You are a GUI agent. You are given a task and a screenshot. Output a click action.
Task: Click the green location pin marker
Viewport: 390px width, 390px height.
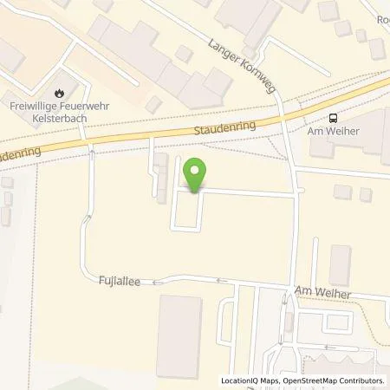tap(196, 176)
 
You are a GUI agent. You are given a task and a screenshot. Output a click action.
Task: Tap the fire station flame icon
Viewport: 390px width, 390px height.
tap(59, 93)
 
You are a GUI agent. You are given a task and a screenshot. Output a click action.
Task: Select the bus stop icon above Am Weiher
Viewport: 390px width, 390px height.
tap(333, 118)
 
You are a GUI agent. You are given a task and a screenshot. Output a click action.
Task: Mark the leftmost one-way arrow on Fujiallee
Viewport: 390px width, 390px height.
tap(158, 281)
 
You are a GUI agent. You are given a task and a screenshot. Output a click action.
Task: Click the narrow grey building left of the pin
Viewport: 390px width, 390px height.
tap(161, 178)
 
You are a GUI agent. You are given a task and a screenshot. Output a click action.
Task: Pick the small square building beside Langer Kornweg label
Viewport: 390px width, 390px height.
tap(183, 54)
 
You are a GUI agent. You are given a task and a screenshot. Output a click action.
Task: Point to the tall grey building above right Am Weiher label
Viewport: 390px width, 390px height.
tap(339, 265)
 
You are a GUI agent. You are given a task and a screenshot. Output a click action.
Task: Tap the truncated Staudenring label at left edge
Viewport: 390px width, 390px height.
tap(16, 153)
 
